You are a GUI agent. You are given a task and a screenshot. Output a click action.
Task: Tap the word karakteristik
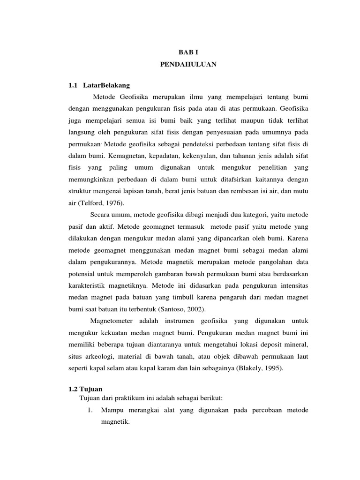click(x=89, y=285)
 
